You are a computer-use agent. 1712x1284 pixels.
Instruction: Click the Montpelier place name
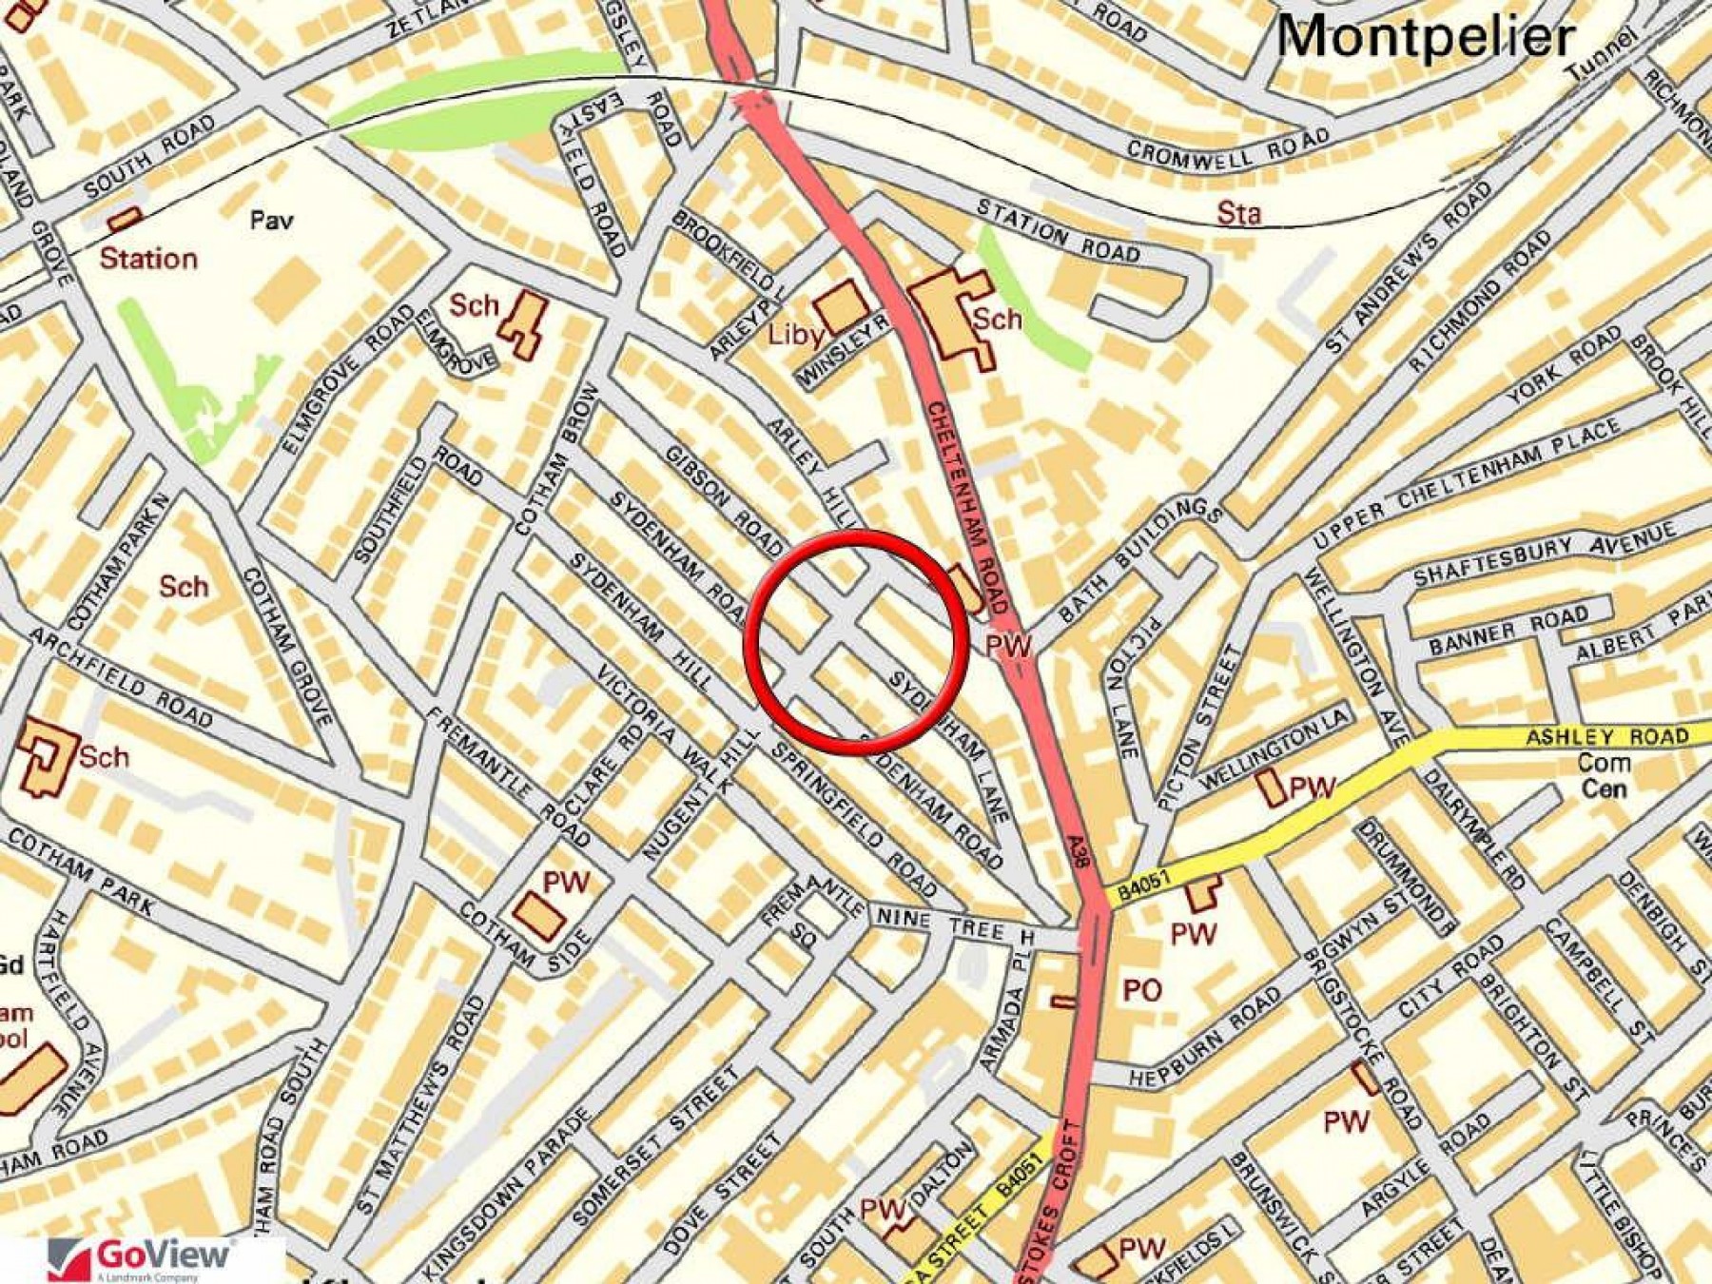click(1425, 38)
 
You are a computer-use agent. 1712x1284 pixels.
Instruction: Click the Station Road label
click(1058, 231)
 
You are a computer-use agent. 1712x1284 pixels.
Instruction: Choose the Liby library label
click(795, 334)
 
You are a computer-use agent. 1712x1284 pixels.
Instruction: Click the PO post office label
click(1141, 991)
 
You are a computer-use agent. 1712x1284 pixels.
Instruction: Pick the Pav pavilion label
click(271, 221)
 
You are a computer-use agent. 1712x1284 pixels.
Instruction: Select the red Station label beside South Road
click(148, 259)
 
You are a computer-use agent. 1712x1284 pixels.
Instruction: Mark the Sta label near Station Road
click(1238, 213)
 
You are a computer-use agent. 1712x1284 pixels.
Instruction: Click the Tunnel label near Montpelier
click(1603, 54)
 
